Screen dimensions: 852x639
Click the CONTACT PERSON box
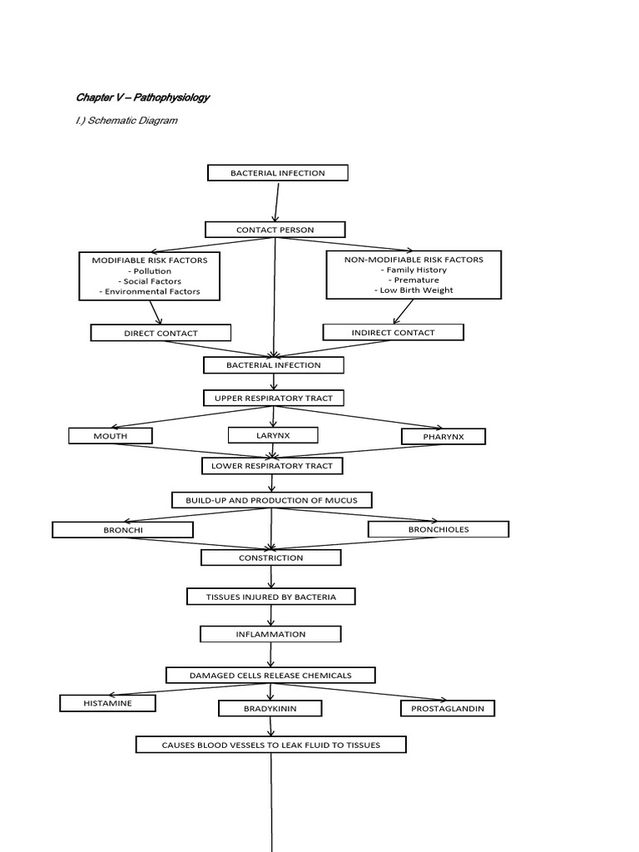pyautogui.click(x=274, y=229)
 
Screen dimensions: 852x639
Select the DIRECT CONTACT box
pyautogui.click(x=161, y=333)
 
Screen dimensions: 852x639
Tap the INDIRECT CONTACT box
pyautogui.click(x=393, y=332)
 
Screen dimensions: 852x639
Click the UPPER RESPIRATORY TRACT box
pyautogui.click(x=273, y=398)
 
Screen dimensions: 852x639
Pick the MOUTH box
pyautogui.click(x=110, y=435)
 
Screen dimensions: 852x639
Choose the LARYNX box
pyautogui.click(x=272, y=434)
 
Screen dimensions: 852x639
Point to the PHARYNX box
pyautogui.click(x=443, y=436)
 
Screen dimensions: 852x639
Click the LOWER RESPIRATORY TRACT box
pyautogui.click(x=272, y=466)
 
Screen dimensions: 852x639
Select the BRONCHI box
pyautogui.click(x=122, y=529)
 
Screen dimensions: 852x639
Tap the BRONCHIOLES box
pyautogui.click(x=438, y=528)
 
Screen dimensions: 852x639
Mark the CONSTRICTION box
pyautogui.click(x=271, y=557)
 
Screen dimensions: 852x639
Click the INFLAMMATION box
pyautogui.click(x=270, y=634)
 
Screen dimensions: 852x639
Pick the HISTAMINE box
pyautogui.click(x=107, y=703)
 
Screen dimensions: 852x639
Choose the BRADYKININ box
pyautogui.click(x=270, y=708)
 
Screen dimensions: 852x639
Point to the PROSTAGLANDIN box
pyautogui.click(x=448, y=708)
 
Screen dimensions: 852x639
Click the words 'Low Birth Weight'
pyautogui.click(x=414, y=290)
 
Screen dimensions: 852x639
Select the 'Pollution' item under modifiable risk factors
pyautogui.click(x=150, y=270)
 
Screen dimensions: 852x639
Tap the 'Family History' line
pyautogui.click(x=414, y=270)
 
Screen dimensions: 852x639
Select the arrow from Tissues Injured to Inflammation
pyautogui.click(x=271, y=615)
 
